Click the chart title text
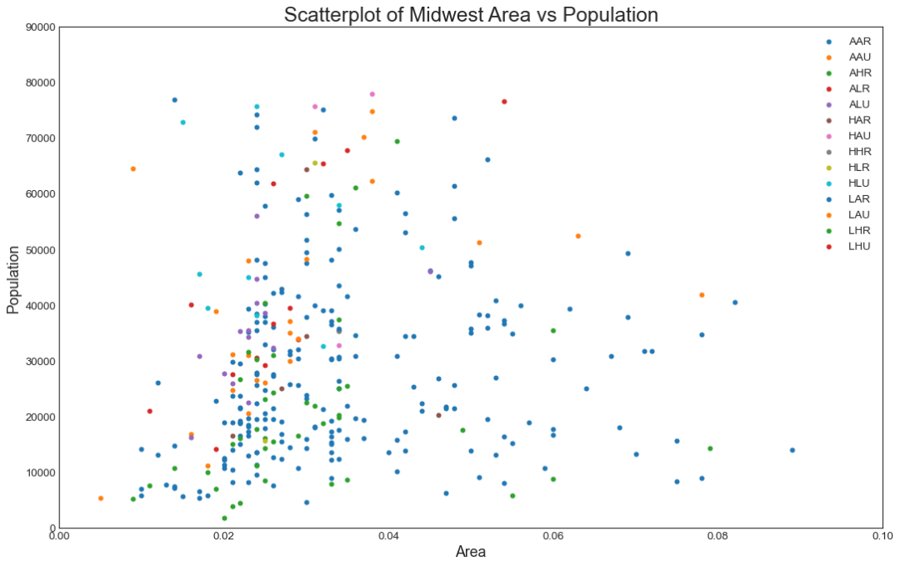[x=471, y=14]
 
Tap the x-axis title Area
[x=471, y=551]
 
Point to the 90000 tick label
[x=39, y=28]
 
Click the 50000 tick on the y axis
[x=39, y=250]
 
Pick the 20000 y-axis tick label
[x=39, y=417]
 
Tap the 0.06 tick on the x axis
[x=552, y=536]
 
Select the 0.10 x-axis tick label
[x=882, y=536]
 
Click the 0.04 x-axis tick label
[x=388, y=536]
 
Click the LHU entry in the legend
[x=859, y=247]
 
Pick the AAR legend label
[x=859, y=41]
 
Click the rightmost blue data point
[x=792, y=450]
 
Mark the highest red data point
[x=504, y=102]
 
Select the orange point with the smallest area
[x=101, y=498]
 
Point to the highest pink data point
[x=372, y=94]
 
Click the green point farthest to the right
[x=710, y=448]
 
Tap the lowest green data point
[x=224, y=518]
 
